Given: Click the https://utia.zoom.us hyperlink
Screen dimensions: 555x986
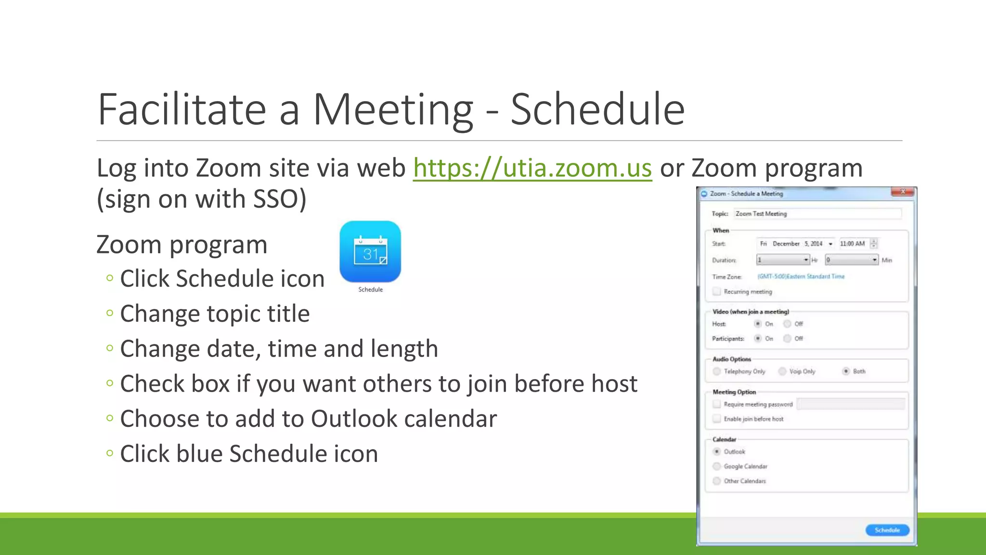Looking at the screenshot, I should point(532,168).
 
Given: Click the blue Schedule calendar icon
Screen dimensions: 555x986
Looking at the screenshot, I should point(370,252).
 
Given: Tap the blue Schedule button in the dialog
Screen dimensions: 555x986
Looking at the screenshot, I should point(887,530).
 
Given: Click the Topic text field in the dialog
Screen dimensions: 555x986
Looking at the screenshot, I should point(817,213).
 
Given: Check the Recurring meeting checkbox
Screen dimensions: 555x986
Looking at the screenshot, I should point(717,291).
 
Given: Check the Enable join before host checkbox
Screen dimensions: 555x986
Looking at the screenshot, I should point(717,419).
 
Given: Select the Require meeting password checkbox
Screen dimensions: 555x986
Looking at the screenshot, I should point(717,404).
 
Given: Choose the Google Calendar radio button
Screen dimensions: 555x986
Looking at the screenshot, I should point(717,466).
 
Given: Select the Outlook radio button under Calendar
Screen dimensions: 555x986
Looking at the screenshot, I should point(717,451).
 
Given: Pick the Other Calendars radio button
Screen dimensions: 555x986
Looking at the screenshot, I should point(717,481).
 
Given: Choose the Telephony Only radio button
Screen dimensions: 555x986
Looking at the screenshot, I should point(717,371).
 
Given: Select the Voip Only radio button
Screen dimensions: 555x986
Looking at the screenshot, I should point(782,371).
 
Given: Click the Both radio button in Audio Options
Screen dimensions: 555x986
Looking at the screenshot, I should point(846,371).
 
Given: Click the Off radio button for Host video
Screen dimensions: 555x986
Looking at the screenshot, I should point(787,324).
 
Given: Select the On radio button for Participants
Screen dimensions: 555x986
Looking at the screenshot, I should point(758,339).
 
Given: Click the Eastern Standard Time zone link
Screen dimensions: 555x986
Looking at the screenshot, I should point(801,277).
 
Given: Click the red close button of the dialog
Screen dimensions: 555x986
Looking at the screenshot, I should point(903,192).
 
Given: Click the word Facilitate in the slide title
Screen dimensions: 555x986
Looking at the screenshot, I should point(182,110).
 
